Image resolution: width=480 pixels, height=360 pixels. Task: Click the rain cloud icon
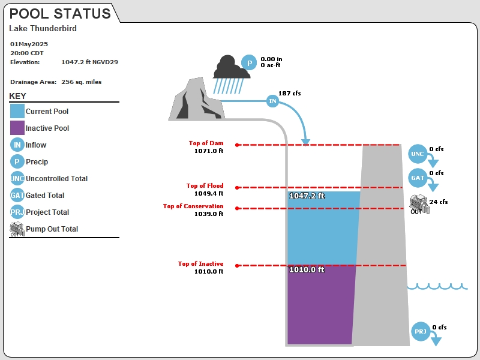[x=232, y=74]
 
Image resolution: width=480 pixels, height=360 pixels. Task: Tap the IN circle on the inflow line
[x=272, y=101]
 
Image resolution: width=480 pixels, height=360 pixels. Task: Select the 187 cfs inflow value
[x=290, y=93]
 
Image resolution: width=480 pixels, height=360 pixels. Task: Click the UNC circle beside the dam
[x=418, y=154]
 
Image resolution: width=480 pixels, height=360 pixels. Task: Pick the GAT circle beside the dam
[x=418, y=178]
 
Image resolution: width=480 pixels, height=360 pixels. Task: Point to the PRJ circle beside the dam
[x=421, y=331]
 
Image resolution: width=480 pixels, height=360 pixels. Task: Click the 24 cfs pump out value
[x=439, y=202]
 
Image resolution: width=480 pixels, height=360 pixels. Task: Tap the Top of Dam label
[x=206, y=143]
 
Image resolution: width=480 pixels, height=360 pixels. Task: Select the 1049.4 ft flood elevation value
[x=209, y=193]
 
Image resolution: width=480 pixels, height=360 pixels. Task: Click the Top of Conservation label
[x=193, y=206]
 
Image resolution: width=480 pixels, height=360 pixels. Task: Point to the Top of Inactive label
[x=201, y=263]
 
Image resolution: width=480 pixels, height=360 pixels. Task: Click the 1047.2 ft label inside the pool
[x=307, y=196]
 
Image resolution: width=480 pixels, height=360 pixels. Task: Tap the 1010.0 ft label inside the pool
[x=307, y=269]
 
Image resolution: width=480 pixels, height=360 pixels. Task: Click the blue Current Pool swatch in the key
[x=17, y=111]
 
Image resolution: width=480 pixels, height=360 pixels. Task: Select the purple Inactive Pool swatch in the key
[x=17, y=128]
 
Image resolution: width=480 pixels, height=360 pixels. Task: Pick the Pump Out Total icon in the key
[x=17, y=229]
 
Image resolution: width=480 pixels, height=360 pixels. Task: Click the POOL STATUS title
[x=60, y=13]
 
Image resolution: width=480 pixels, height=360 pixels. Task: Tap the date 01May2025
[x=29, y=44]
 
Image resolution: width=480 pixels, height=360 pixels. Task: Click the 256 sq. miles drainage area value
[x=82, y=82]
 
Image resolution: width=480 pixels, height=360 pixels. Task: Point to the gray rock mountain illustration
[x=197, y=100]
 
